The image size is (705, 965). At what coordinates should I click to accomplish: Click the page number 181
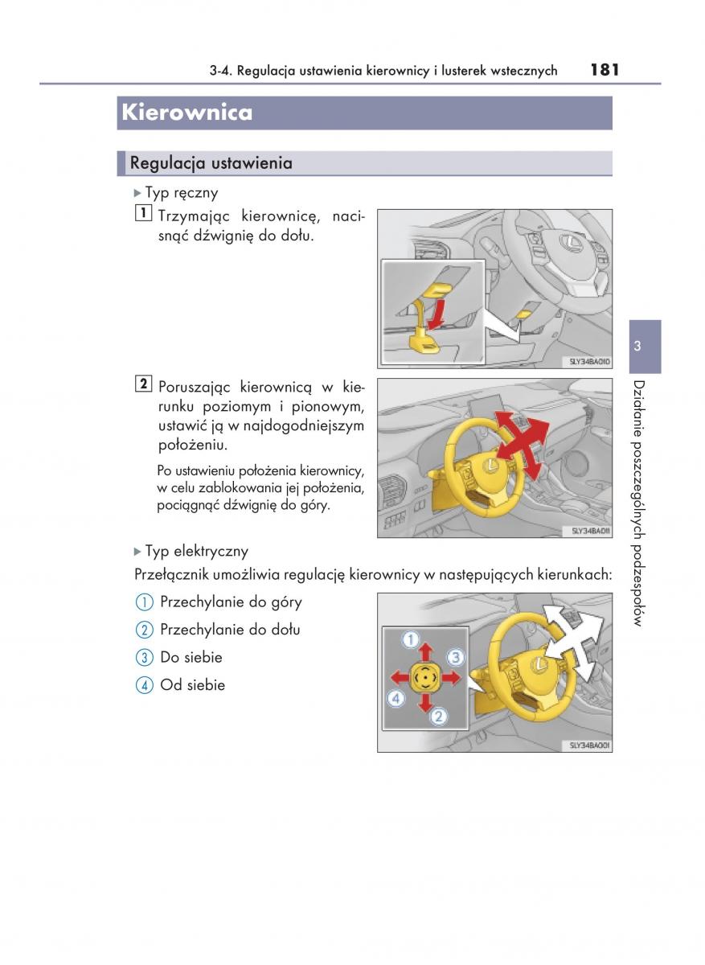604,69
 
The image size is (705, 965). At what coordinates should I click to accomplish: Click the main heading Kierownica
186,113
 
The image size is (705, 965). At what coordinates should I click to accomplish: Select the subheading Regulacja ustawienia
211,163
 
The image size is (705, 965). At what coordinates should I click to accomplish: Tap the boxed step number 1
142,214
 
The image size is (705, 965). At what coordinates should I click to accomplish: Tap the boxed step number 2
142,384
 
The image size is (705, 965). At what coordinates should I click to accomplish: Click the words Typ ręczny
181,193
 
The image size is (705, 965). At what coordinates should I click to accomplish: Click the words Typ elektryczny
196,551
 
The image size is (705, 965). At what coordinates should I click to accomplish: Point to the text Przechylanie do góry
231,602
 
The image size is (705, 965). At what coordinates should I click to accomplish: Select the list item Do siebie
191,657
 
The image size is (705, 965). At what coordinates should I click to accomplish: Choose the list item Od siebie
192,685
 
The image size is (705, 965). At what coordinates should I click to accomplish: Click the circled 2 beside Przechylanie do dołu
144,630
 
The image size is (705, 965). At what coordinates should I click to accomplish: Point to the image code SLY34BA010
589,362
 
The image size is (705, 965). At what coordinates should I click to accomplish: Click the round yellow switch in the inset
424,679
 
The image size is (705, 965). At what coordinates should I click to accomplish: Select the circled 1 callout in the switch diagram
410,640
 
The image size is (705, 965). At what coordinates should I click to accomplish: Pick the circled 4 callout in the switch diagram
396,699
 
